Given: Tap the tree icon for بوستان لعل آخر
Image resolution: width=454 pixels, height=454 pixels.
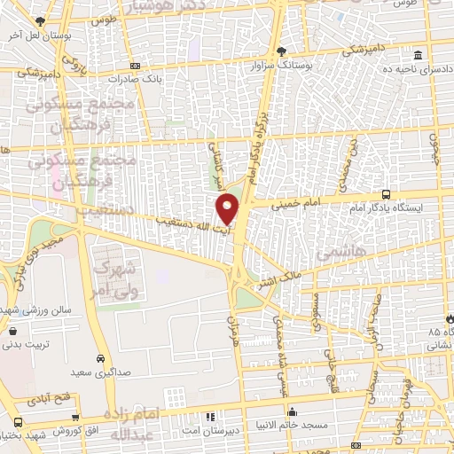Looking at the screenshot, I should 39,22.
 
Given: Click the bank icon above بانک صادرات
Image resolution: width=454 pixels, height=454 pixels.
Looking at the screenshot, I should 134,65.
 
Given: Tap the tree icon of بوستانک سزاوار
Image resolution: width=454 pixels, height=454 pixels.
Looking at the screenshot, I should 281,51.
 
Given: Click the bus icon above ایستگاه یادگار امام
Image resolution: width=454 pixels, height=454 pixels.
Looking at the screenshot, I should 385,193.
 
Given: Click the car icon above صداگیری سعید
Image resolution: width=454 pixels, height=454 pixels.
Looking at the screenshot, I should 100,359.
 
